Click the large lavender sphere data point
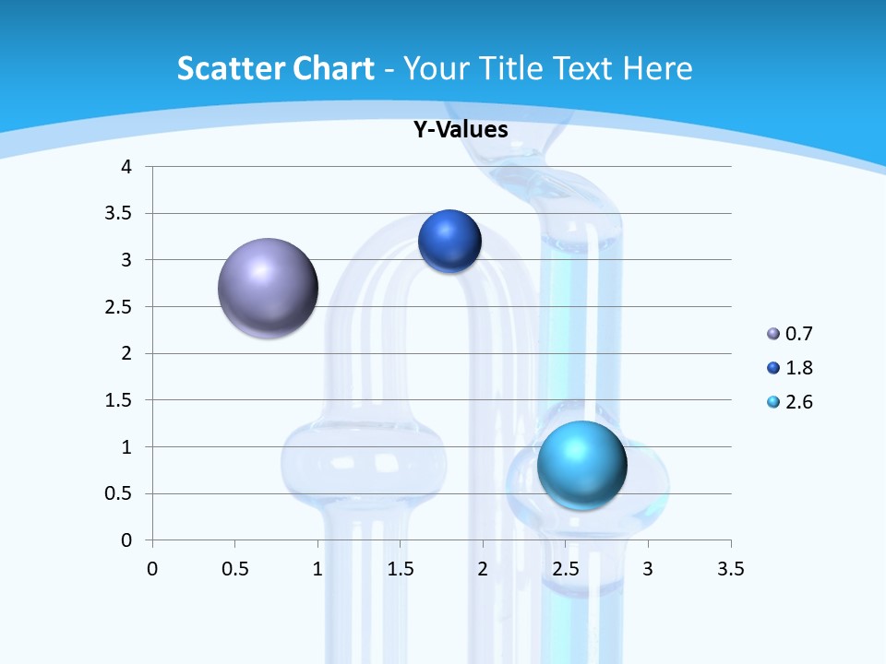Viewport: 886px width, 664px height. click(268, 288)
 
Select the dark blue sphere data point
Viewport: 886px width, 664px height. click(449, 241)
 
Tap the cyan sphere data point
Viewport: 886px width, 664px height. click(581, 464)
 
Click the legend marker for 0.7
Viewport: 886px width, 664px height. click(773, 334)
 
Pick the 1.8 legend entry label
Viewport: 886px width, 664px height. click(799, 368)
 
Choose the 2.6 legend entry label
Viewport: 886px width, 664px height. click(799, 402)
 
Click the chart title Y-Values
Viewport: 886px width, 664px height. click(461, 130)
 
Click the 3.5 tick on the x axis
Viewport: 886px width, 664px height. click(730, 568)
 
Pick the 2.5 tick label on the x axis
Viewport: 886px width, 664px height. click(565, 568)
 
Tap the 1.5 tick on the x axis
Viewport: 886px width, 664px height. click(400, 568)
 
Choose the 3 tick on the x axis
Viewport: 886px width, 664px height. click(648, 568)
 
